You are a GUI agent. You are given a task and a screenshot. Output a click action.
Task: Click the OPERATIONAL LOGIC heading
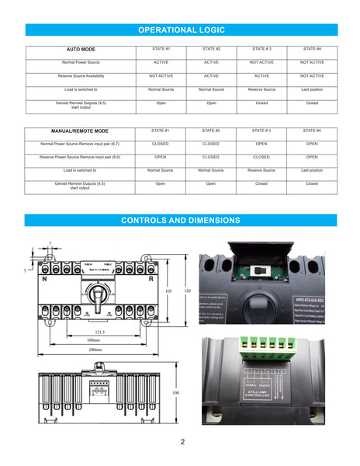coord(181,30)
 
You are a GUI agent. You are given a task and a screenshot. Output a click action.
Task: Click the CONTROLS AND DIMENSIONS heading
coord(181,221)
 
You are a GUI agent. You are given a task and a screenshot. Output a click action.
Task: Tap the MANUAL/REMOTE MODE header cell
coord(80,131)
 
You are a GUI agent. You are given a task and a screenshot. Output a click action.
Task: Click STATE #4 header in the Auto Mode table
coord(312,49)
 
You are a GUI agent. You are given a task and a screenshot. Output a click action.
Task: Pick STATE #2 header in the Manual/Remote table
coord(211,130)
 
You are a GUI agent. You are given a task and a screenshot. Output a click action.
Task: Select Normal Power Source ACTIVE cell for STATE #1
coord(161,62)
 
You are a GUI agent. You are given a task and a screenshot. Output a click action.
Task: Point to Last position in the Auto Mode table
coord(312,89)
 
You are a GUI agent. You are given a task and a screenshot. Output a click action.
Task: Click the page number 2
coord(182,443)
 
